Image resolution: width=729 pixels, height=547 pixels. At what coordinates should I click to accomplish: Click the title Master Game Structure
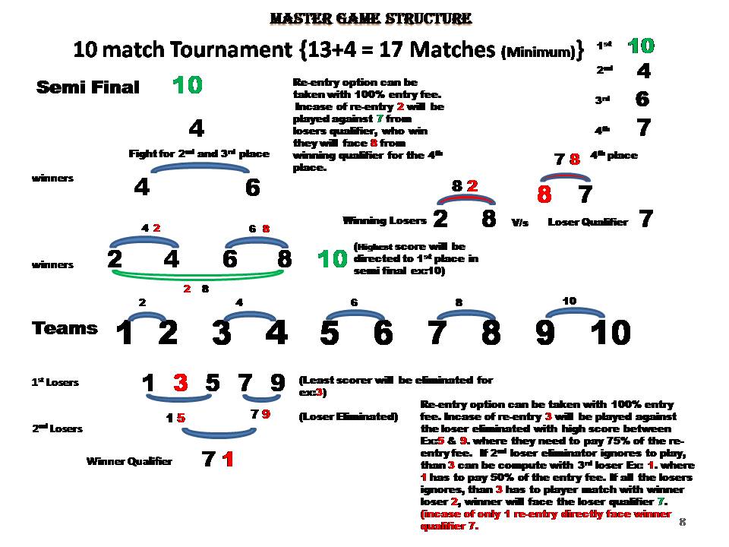(371, 18)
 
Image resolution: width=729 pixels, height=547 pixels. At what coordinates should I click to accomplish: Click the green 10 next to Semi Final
(187, 86)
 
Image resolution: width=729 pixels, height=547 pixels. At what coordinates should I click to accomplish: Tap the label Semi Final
(88, 88)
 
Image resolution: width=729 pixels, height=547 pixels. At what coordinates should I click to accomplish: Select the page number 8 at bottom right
(682, 522)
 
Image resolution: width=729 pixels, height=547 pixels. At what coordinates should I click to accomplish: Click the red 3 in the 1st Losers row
(180, 383)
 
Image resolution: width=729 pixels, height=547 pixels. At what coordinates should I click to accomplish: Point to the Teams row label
(65, 328)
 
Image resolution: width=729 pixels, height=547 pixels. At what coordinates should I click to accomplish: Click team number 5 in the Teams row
(330, 333)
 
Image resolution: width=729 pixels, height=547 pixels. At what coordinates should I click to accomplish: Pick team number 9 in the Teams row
(544, 333)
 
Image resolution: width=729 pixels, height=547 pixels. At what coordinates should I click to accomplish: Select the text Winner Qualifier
(129, 461)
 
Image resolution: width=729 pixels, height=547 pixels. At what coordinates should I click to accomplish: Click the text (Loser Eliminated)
(348, 416)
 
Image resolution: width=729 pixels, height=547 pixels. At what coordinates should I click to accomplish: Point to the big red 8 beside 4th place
(544, 195)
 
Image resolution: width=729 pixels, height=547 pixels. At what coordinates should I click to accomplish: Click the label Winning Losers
(384, 221)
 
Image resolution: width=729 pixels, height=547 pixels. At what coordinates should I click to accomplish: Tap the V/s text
(519, 223)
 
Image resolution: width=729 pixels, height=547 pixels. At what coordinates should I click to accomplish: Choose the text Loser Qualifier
(588, 222)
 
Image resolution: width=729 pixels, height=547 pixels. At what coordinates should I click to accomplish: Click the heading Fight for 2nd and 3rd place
(199, 154)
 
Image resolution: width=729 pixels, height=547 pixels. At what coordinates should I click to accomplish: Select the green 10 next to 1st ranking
(641, 46)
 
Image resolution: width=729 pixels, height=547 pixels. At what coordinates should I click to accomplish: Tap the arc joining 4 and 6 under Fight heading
(197, 168)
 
